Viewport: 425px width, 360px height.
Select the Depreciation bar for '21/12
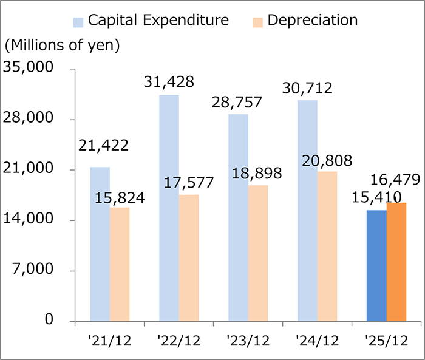[x=120, y=263]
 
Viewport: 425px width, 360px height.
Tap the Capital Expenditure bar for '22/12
[x=169, y=208]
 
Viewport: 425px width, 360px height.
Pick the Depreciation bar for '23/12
[x=258, y=253]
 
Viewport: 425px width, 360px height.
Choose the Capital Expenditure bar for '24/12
[x=307, y=210]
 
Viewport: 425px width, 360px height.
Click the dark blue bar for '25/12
[x=376, y=265]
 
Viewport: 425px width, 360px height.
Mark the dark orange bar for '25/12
[x=396, y=262]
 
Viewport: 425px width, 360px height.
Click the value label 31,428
[x=169, y=81]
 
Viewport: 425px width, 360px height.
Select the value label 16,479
[x=395, y=180]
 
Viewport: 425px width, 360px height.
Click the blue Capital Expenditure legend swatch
[x=78, y=21]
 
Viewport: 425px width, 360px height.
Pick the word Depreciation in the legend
[x=312, y=20]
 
